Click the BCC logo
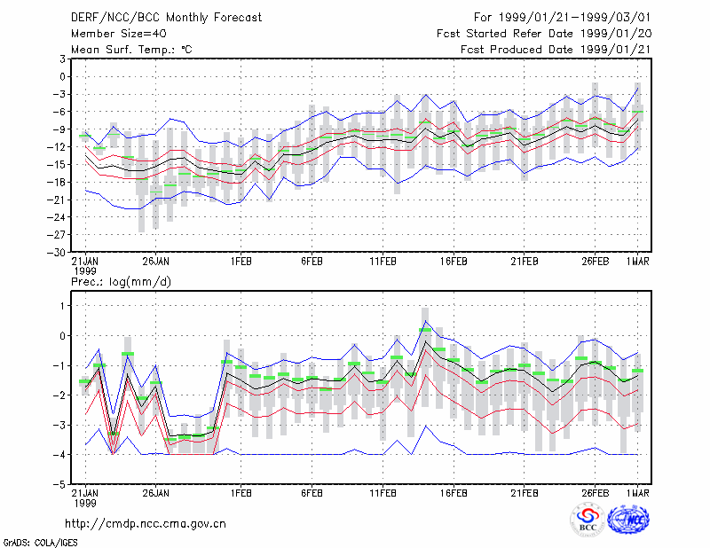(588, 520)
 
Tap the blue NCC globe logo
(628, 520)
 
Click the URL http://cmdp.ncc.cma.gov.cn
(146, 524)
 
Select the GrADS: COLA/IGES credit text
(40, 543)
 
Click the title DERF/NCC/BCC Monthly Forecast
(166, 18)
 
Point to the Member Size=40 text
(119, 34)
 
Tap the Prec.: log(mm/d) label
(121, 282)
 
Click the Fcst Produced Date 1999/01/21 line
(556, 50)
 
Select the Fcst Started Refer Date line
(544, 34)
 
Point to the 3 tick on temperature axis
(62, 59)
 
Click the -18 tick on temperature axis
(56, 183)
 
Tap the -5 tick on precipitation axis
(59, 485)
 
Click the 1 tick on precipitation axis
(62, 306)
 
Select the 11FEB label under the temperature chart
(383, 262)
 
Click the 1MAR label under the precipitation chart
(638, 493)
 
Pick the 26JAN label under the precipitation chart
(156, 493)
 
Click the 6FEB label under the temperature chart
(312, 262)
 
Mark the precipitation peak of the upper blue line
(425, 321)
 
